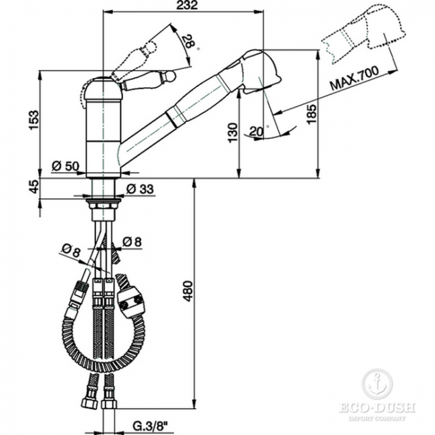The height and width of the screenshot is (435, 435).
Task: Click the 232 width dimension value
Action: [187, 5]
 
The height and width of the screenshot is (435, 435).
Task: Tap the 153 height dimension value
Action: [34, 120]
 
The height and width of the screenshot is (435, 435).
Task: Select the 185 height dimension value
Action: [312, 114]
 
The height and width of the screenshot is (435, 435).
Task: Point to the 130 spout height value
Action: [233, 133]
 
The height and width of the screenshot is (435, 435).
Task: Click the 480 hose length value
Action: [188, 291]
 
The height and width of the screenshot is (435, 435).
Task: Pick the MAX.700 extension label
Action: [355, 78]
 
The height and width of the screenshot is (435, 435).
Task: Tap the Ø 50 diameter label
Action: [66, 166]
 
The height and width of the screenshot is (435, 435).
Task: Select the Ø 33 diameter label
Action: [140, 189]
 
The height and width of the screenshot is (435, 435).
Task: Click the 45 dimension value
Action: [34, 187]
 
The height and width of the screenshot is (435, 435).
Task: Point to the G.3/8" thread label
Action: [149, 425]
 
